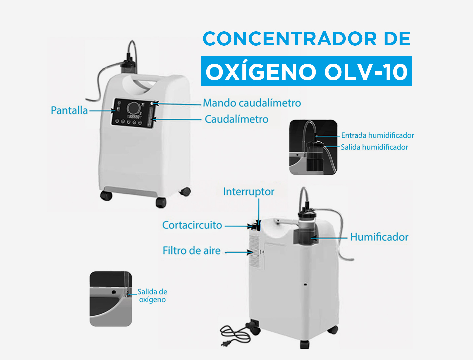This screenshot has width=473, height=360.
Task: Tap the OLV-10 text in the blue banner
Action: [x=366, y=72]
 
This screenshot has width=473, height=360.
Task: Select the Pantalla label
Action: [x=69, y=111]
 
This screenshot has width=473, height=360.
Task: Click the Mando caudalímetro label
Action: [x=252, y=103]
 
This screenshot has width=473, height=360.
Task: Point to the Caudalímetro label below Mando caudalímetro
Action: [x=237, y=119]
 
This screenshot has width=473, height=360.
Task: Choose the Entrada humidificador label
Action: [x=378, y=136]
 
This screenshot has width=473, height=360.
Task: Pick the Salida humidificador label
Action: [x=374, y=147]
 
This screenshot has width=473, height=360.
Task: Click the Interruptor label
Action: [x=249, y=192]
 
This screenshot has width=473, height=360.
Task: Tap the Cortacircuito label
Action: [x=192, y=225]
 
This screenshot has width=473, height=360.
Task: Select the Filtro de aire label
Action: [x=192, y=251]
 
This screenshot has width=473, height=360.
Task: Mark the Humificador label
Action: [x=379, y=237]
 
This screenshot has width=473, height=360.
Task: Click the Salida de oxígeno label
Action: [x=152, y=296]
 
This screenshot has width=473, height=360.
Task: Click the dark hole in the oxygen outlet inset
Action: [x=114, y=292]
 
